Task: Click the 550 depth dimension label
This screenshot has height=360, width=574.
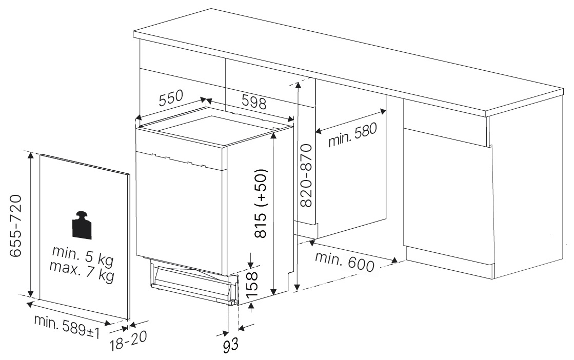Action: [171, 97]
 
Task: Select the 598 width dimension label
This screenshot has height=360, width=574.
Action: [254, 102]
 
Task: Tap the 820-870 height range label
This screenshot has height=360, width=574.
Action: [306, 175]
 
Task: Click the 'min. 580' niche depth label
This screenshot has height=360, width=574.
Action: [352, 135]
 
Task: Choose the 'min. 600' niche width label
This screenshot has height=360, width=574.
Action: [345, 261]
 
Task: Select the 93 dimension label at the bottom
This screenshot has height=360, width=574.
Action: [231, 345]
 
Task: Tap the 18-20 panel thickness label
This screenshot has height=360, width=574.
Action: [128, 341]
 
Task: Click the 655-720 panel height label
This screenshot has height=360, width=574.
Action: [16, 226]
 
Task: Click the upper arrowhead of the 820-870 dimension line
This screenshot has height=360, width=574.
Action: [299, 85]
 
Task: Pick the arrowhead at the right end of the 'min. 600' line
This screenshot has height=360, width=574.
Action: [394, 261]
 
